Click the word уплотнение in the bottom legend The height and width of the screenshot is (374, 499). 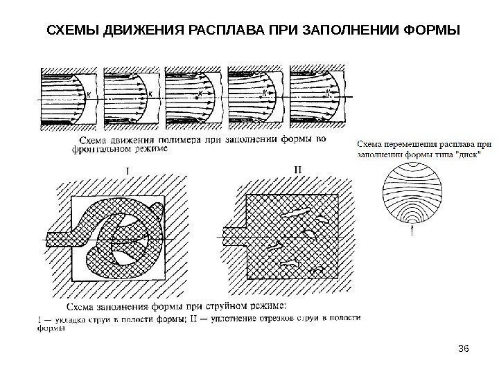(x=234, y=317)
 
